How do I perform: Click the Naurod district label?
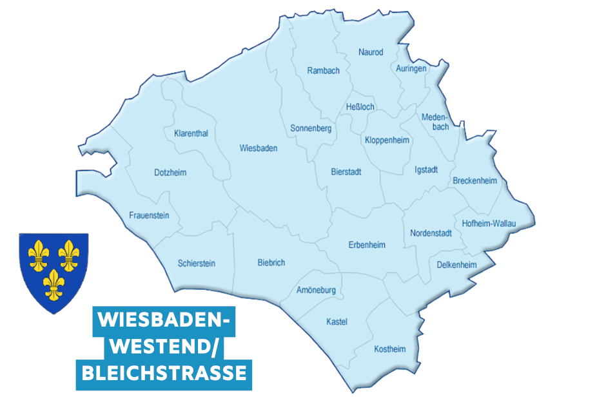(x=371, y=52)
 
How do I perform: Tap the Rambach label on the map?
(x=323, y=71)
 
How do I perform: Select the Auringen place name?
(x=411, y=68)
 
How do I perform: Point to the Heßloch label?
(x=360, y=107)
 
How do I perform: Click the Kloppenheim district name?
(x=387, y=140)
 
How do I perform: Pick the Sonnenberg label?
(x=311, y=129)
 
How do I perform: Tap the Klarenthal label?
(x=191, y=134)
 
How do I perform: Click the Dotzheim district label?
(x=170, y=173)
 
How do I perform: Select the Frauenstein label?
(x=149, y=215)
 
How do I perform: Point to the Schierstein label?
(x=197, y=264)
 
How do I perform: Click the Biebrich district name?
(x=271, y=263)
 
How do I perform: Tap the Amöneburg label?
(x=316, y=291)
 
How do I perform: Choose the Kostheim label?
(x=390, y=349)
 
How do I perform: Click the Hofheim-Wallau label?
(x=489, y=224)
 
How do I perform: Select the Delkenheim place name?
(x=456, y=265)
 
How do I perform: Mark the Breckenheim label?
(x=475, y=181)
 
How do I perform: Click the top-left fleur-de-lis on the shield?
(x=40, y=255)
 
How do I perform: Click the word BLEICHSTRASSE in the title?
(x=164, y=374)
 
